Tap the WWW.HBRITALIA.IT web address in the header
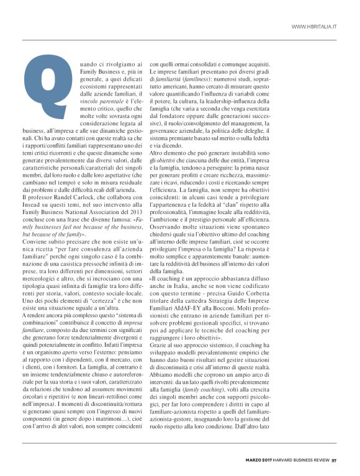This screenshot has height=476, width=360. (x=314, y=27)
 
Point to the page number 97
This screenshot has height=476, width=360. (x=334, y=460)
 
